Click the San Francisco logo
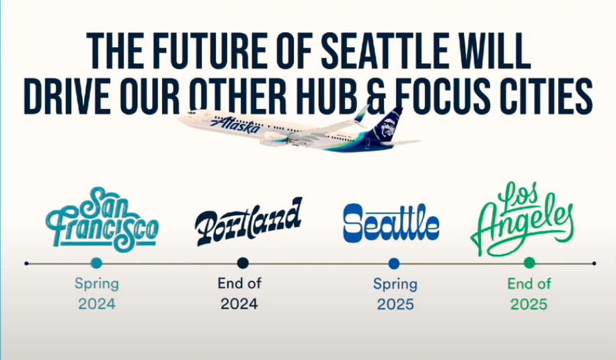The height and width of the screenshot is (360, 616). coord(102,219)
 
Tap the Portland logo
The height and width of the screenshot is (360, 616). coord(249,221)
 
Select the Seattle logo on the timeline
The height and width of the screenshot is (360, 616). coord(391,223)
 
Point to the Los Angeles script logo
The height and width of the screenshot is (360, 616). coord(522,219)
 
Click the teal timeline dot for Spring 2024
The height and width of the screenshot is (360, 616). coord(96,263)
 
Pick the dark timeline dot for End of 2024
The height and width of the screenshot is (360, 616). coord(243,263)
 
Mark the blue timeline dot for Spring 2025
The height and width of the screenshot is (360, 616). coord(393,263)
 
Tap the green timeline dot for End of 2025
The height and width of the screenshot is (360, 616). coord(529,263)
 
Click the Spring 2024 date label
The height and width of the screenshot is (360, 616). coord(97,293)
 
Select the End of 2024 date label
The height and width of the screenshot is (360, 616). coord(239,293)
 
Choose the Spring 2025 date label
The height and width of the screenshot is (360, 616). coord(395,294)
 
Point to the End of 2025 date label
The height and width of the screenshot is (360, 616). coord(529,293)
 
